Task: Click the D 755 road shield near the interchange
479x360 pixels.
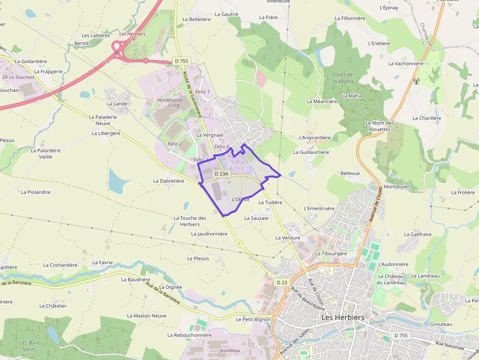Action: pos(181,61)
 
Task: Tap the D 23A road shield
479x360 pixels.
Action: pos(221,173)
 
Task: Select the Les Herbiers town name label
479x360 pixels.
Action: pos(343,318)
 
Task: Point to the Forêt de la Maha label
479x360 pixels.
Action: pos(343,78)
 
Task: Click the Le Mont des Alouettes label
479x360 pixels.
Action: pos(379,126)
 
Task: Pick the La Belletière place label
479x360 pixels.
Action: pos(196,19)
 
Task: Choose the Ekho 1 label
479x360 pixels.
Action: pos(202,92)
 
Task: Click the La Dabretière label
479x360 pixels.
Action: pos(169,181)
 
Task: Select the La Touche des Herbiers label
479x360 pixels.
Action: pos(190,221)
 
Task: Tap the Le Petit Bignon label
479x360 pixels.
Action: pos(253,319)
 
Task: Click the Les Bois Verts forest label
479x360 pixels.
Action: pos(29,346)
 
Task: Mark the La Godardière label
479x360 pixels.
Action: pos(31,62)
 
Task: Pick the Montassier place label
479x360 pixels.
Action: pos(396,187)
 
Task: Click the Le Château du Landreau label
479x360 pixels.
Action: pos(392,279)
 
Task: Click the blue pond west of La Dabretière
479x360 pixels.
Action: pos(116,182)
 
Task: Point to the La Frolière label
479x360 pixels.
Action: pos(463,192)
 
